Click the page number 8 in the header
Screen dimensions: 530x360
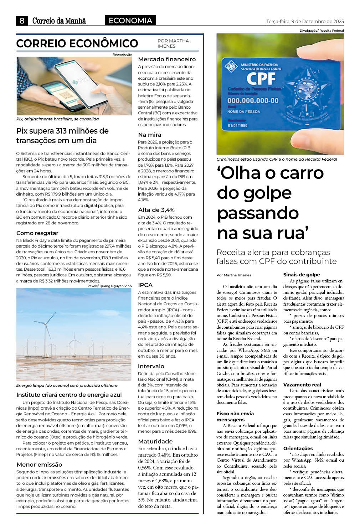coord(22,21)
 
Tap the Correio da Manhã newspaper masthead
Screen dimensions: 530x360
coord(59,21)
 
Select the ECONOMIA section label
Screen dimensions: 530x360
coord(130,21)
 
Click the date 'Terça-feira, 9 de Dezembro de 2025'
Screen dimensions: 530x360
coord(305,22)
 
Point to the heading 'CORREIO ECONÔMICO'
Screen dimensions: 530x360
coord(77,43)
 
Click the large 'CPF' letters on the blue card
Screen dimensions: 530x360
coord(261,78)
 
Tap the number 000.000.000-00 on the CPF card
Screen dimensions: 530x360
coord(253,101)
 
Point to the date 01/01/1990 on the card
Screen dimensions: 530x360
coord(238,125)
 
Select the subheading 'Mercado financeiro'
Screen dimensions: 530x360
coord(167,59)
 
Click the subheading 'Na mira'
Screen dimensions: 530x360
coord(150,135)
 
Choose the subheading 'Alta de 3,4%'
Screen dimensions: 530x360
coord(156,210)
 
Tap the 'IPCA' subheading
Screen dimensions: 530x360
coord(145,285)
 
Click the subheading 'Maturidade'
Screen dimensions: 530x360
coord(155,441)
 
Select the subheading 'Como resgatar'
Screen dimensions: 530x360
coord(37,233)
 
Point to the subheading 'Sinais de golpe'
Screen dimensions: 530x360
coord(302,275)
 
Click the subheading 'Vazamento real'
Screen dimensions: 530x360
coord(302,385)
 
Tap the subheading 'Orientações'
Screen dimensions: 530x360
coord(298,448)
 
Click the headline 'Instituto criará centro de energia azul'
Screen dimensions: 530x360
coord(69,395)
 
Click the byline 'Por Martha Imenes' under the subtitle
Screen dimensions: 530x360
coord(234,275)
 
